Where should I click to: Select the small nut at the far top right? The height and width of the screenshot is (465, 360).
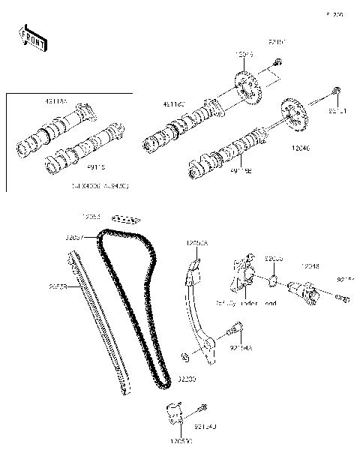(x=337, y=92)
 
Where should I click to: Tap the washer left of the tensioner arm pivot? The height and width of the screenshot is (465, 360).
(x=184, y=353)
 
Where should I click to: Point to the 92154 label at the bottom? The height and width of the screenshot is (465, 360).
(x=205, y=426)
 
